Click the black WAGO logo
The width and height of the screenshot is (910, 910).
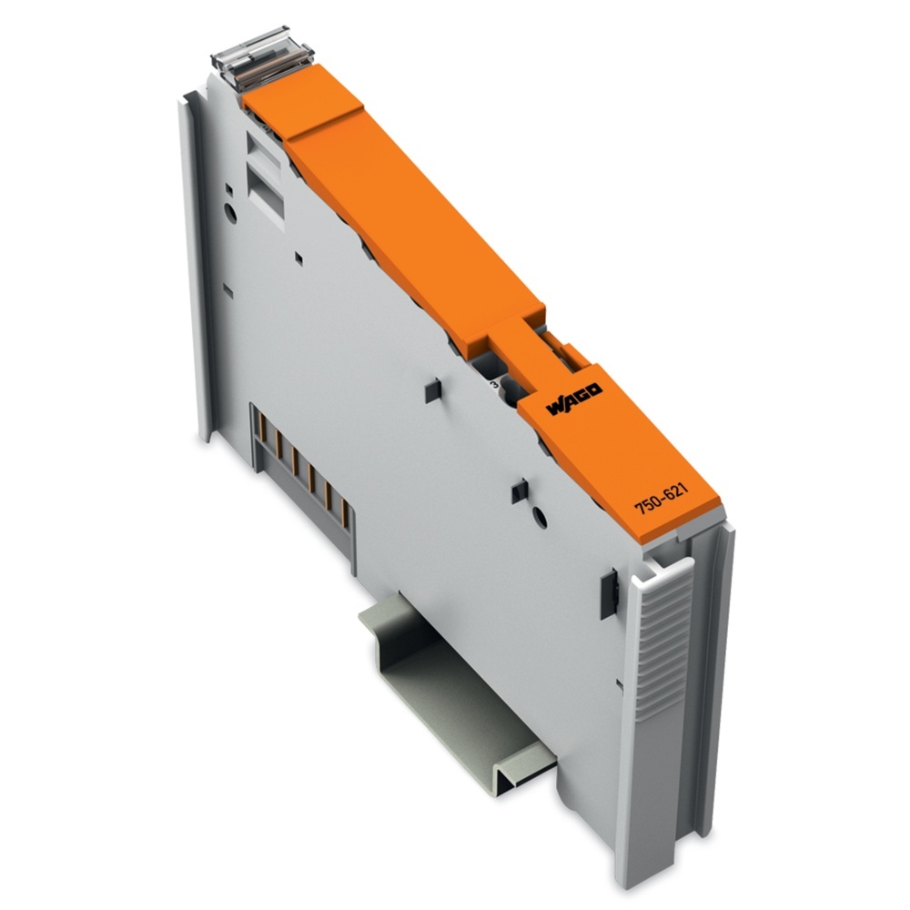[574, 399]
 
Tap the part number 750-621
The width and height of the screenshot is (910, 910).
[661, 499]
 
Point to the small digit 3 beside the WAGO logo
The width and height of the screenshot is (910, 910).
[494, 384]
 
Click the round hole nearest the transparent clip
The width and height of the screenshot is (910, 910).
[230, 213]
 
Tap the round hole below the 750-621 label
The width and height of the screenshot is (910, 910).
[540, 517]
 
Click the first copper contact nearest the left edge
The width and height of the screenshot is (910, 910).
[262, 428]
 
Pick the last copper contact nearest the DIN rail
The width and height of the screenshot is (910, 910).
[345, 513]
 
